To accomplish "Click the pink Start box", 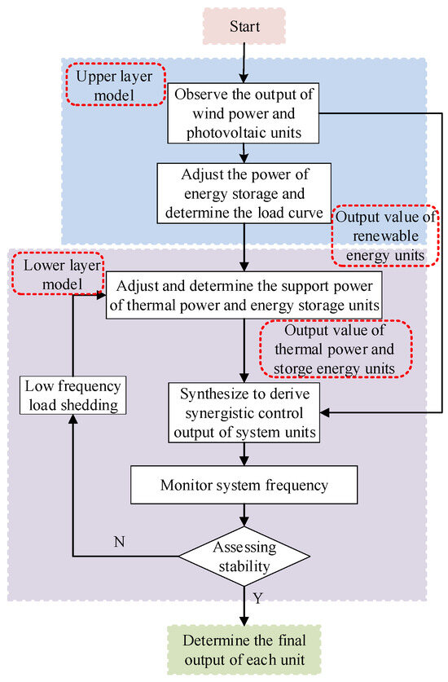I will (244, 26).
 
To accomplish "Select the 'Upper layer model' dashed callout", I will (116, 86).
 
